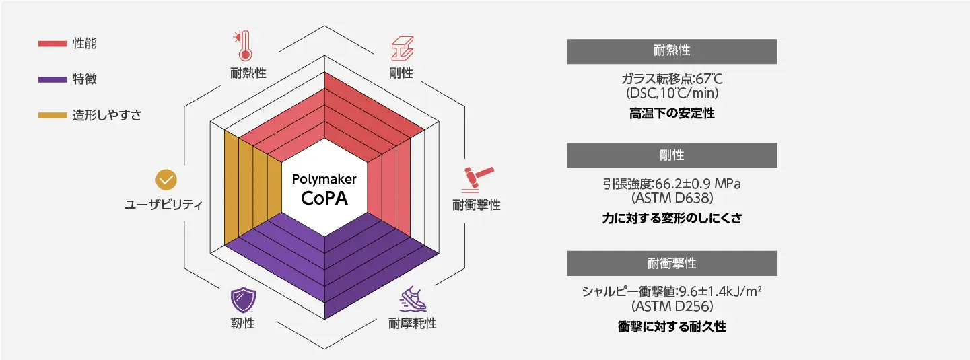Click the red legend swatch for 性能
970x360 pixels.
(52, 44)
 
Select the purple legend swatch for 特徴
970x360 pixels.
(52, 79)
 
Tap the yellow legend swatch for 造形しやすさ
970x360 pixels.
(52, 115)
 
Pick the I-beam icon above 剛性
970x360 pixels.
(402, 48)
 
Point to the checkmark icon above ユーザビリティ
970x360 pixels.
(166, 180)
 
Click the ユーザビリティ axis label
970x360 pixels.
(164, 205)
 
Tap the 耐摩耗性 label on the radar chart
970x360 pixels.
(412, 324)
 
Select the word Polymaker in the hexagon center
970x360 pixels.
(324, 180)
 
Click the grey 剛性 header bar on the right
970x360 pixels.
(672, 155)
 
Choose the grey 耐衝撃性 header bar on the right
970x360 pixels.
(672, 263)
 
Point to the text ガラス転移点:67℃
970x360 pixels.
(672, 77)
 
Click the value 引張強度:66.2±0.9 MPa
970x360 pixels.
(672, 184)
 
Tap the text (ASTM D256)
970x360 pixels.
(672, 307)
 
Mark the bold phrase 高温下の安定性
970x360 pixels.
(672, 114)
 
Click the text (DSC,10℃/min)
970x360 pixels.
(672, 92)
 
